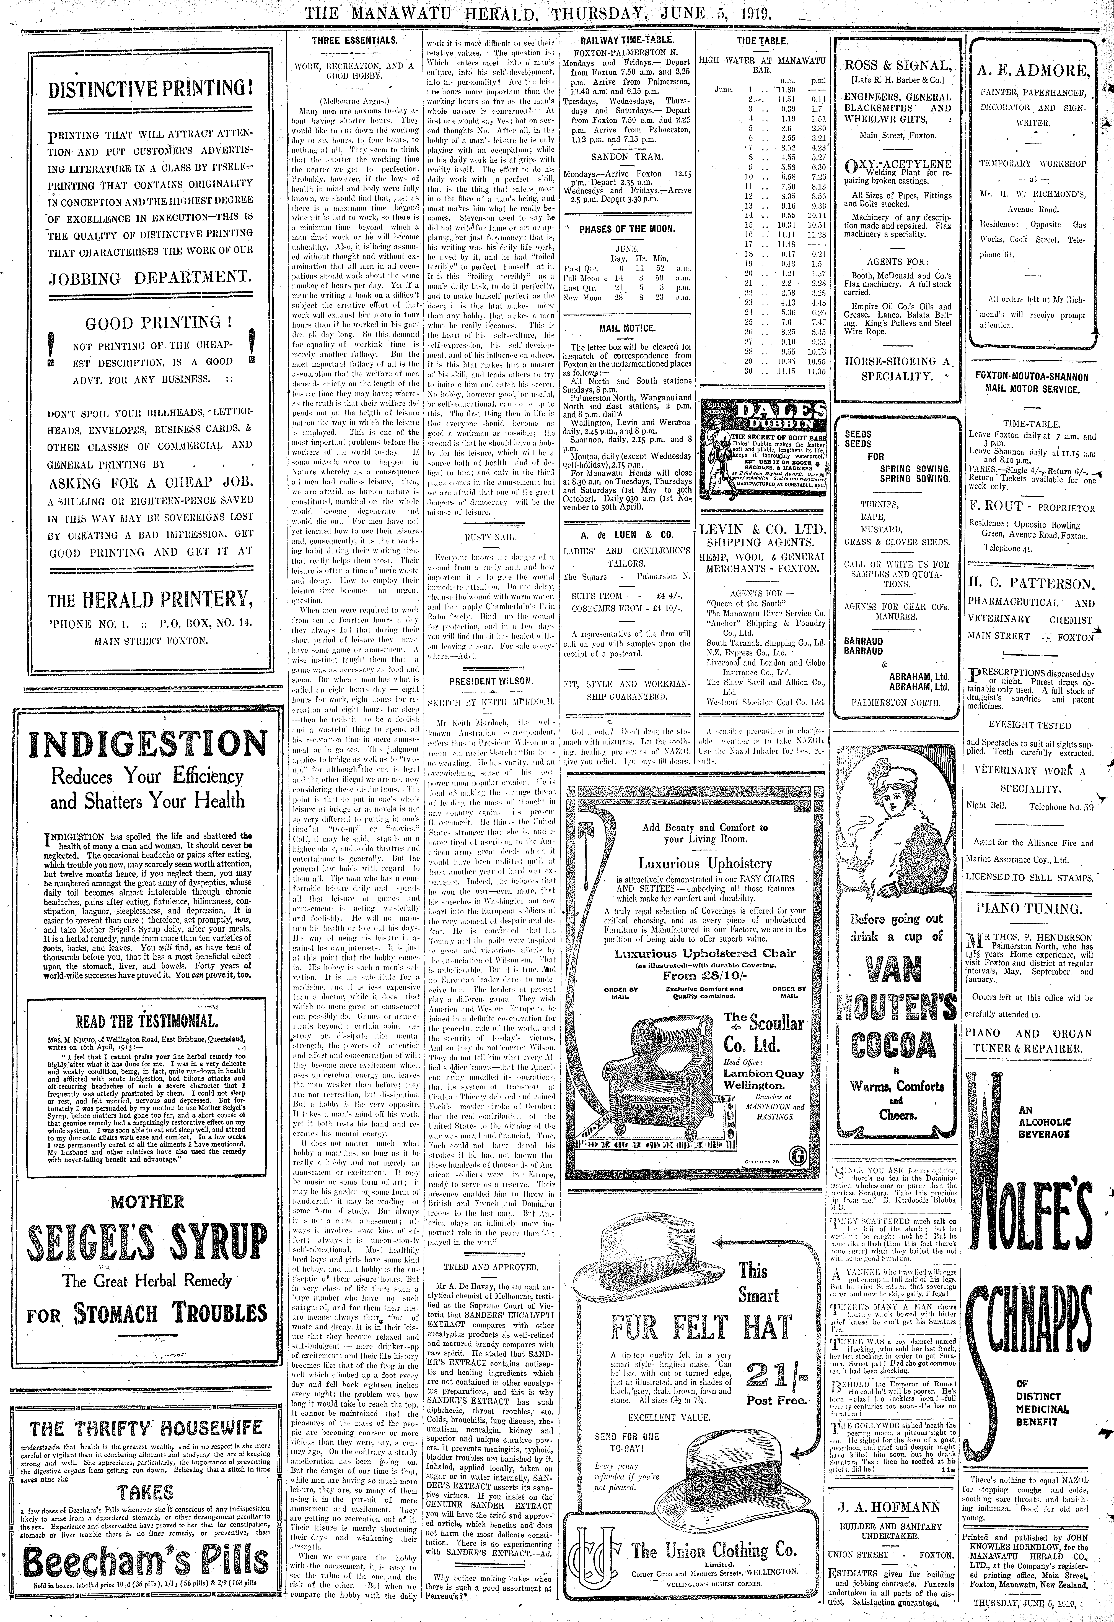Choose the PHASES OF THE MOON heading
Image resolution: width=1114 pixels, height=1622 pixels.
click(627, 229)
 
